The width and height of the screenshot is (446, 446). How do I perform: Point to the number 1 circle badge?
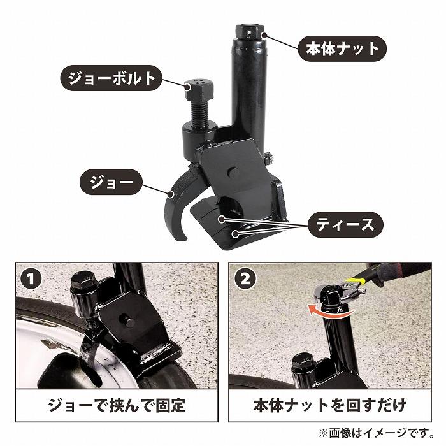point(29,278)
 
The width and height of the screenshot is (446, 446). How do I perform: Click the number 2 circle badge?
point(246,278)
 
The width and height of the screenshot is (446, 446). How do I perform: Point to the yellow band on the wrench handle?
point(360,279)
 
